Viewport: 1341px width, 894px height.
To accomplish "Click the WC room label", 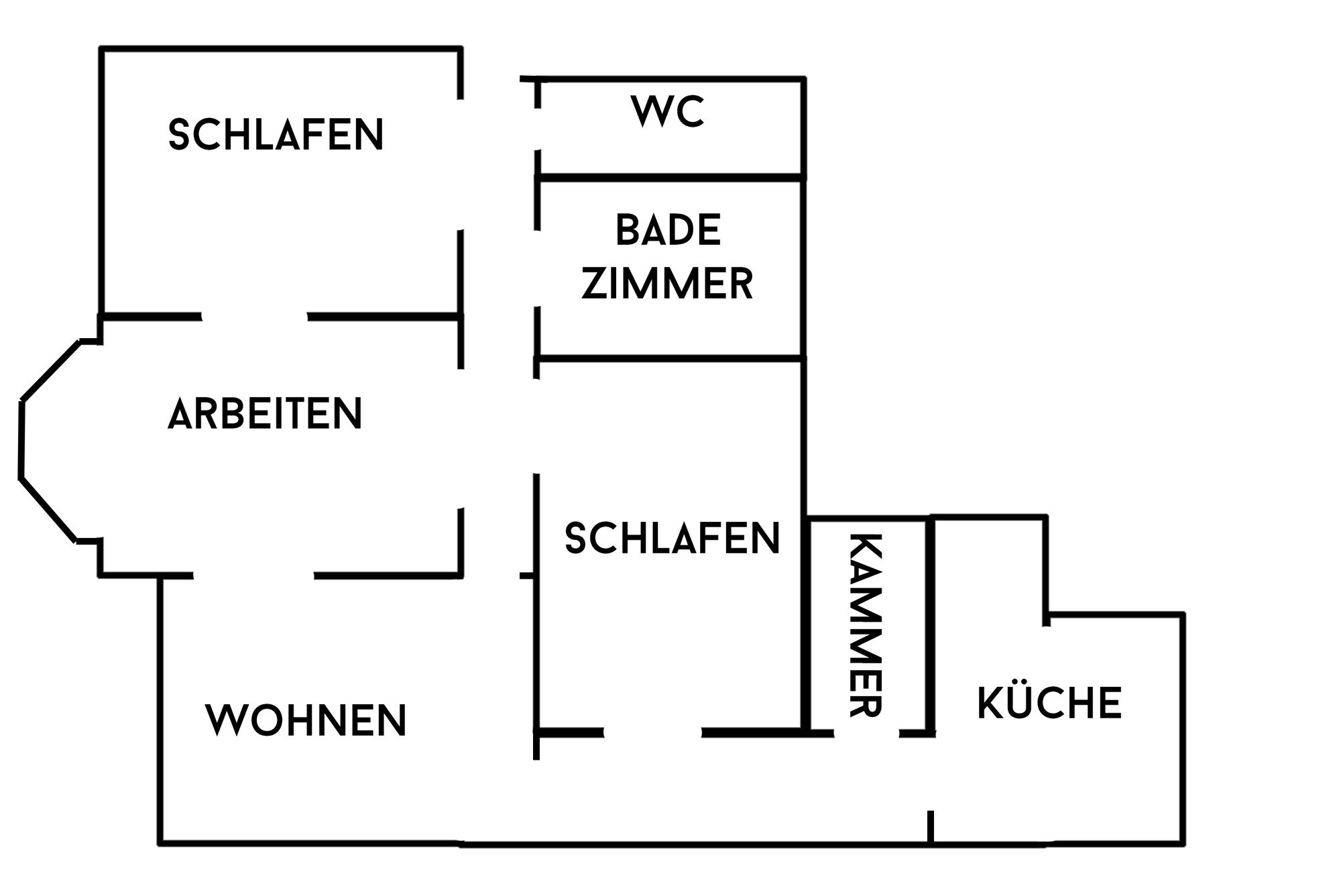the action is click(x=668, y=111).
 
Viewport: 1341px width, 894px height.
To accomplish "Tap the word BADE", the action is click(x=668, y=230).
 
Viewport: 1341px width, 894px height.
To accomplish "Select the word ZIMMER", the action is click(x=668, y=284).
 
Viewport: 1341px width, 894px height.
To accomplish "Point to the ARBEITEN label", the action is click(x=265, y=413).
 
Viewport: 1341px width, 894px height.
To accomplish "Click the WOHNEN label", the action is click(x=306, y=720).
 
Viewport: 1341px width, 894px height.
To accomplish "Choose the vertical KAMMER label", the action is click(x=866, y=625).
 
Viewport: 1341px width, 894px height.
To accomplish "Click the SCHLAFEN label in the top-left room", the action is click(x=276, y=134).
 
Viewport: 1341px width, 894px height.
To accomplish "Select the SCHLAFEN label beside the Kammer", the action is click(x=673, y=538).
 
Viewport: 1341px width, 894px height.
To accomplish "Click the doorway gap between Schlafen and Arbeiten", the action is click(x=255, y=317).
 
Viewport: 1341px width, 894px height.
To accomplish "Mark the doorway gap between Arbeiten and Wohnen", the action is click(x=253, y=575).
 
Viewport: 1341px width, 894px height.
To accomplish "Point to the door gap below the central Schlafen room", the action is click(x=652, y=732).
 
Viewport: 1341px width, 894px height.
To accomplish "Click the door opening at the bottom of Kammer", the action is click(x=866, y=733).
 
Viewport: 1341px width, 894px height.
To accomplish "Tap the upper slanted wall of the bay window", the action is click(x=51, y=371).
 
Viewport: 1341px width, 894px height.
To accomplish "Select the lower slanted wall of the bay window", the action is click(x=48, y=510).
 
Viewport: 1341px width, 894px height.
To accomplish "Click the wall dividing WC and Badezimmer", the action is click(x=670, y=178).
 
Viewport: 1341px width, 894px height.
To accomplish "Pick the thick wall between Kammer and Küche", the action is click(x=931, y=625).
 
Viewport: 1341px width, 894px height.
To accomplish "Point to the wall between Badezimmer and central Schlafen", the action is click(x=670, y=359).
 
